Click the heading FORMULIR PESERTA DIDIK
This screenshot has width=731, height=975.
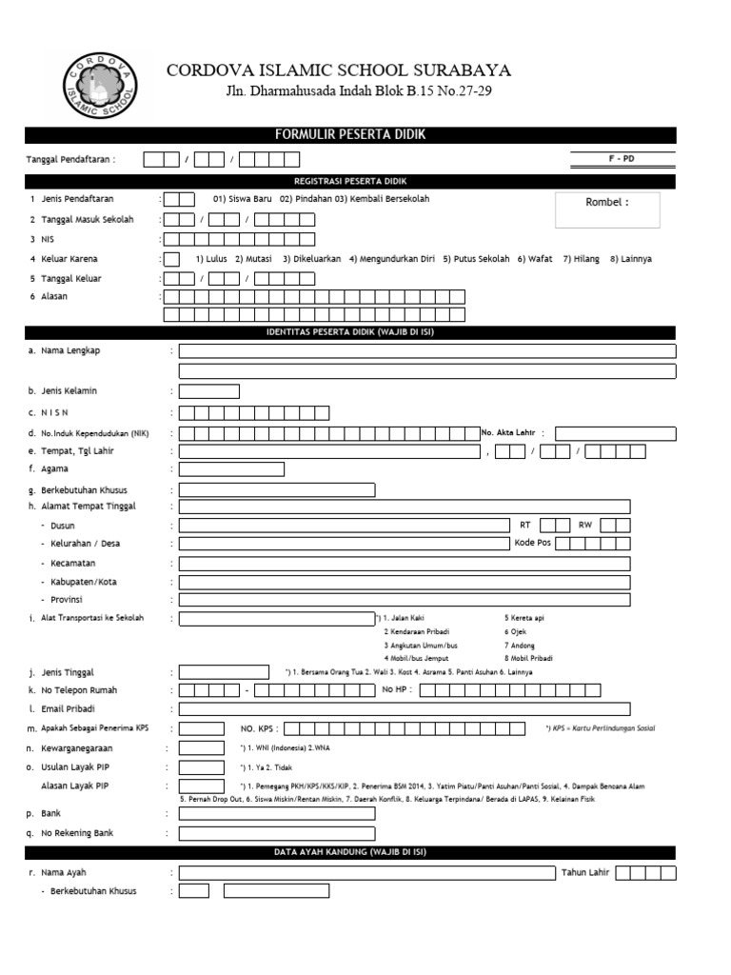[x=350, y=135]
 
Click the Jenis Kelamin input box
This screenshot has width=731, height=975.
[x=209, y=391]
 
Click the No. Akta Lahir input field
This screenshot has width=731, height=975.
[x=615, y=434]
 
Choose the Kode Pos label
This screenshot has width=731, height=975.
[x=532, y=543]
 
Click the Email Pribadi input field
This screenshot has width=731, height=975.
[x=404, y=708]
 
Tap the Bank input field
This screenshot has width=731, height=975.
[x=277, y=814]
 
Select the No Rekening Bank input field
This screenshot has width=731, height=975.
[x=277, y=833]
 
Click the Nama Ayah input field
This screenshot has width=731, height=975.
[x=366, y=872]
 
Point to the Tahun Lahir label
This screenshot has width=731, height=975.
[x=584, y=872]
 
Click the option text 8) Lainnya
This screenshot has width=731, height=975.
[x=631, y=259]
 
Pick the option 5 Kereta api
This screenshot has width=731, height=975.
[x=524, y=618]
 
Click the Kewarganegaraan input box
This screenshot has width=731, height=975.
[x=202, y=747]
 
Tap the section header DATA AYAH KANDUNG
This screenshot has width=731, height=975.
[x=350, y=853]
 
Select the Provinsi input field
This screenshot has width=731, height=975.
[x=404, y=600]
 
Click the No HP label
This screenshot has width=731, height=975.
[x=397, y=689]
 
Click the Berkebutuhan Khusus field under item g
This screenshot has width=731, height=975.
[x=277, y=490]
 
